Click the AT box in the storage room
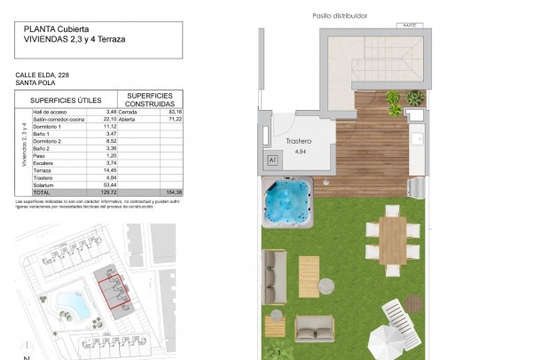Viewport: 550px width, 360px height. coord(272,160)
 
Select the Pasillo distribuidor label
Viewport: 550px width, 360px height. coord(340,16)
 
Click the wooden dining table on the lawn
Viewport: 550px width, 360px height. coord(393,239)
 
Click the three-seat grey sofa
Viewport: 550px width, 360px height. coord(274,265)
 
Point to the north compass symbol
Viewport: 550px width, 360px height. coord(27,355)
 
